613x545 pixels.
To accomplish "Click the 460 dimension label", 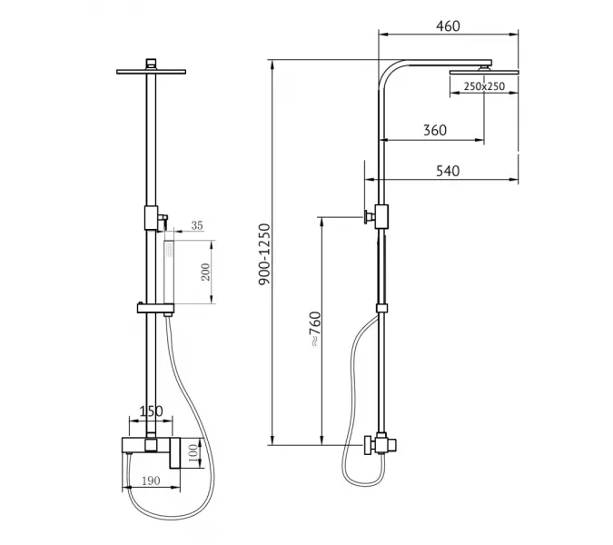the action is [x=448, y=26].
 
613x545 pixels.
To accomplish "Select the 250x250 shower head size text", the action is [x=484, y=86].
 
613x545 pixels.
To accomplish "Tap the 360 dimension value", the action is [x=435, y=130].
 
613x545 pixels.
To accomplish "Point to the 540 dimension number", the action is [x=448, y=171].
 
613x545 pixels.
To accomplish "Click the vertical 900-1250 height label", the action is [x=264, y=254].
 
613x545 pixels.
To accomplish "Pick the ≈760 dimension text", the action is [x=315, y=329].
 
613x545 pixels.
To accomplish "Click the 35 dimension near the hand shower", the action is [x=197, y=225].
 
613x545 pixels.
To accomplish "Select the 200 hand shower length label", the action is [x=205, y=272].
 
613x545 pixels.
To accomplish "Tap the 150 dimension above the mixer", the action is [x=151, y=411].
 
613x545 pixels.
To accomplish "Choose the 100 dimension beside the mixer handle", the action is [x=193, y=453].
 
